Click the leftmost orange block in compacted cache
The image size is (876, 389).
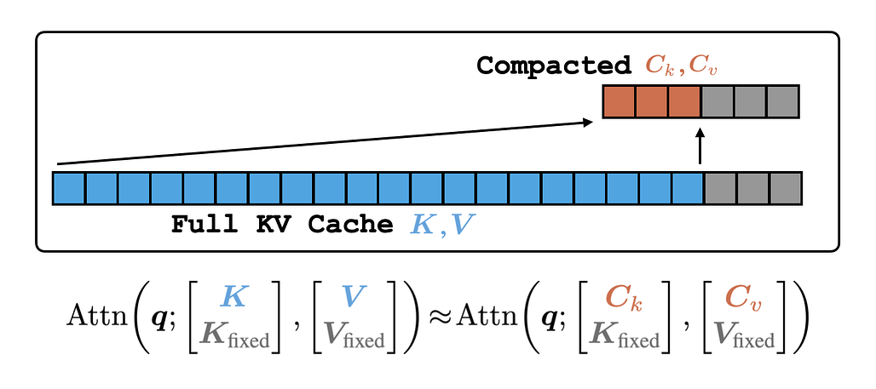coord(620,101)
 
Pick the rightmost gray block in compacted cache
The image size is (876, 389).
coord(781,101)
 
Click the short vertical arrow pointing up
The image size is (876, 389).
coord(700,146)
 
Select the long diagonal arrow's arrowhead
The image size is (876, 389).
coord(587,123)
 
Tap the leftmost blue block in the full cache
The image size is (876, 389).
coord(69,188)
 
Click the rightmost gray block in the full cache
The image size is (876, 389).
coord(786,188)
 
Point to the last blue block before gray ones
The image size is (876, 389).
coord(687,188)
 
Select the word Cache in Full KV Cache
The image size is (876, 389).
coord(358,225)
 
